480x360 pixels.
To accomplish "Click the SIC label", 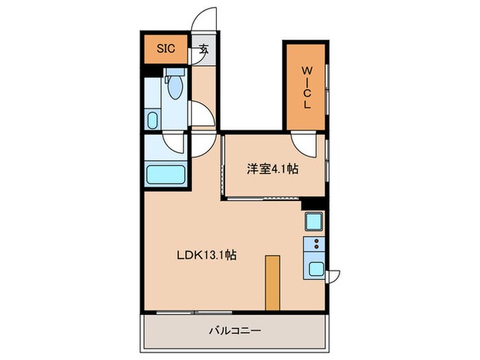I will click(165, 49).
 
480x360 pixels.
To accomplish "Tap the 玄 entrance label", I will click(204, 49).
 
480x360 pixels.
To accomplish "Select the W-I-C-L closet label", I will click(306, 87).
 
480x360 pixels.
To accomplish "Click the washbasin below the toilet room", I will click(152, 121).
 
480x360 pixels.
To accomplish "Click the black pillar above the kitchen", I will click(312, 202).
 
